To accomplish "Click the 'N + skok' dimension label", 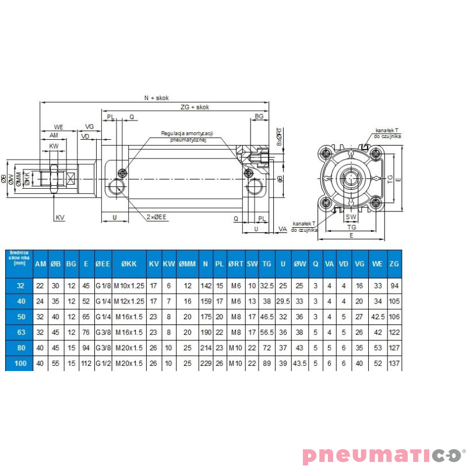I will (154, 98).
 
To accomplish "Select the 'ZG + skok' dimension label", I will (195, 107).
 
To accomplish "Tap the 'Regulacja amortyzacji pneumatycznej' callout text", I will (188, 136).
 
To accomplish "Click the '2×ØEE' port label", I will (157, 217).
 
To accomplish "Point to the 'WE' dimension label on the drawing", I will (58, 126).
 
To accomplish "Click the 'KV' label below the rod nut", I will (60, 217).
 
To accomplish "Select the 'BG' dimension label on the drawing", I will (260, 117).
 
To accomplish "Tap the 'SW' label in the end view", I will (351, 217).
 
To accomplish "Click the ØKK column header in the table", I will (129, 264).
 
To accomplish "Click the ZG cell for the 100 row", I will (394, 363).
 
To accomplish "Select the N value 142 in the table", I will (205, 286).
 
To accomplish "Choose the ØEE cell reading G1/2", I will (103, 363).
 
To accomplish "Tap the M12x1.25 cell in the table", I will (129, 302).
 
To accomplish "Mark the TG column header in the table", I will (267, 264).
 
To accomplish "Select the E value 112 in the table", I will (86, 363).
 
